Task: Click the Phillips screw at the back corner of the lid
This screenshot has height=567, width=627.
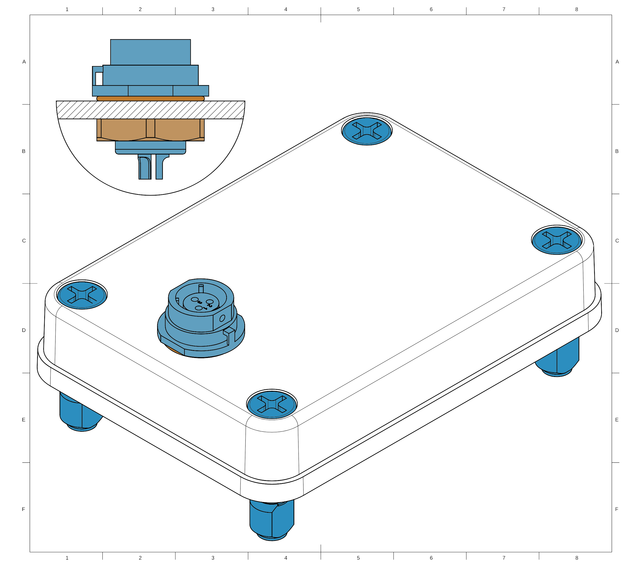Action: [367, 131]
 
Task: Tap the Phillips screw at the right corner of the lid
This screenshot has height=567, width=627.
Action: [556, 240]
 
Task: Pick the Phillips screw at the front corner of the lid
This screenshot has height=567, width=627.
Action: [272, 404]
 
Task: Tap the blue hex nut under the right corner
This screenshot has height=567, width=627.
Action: [558, 358]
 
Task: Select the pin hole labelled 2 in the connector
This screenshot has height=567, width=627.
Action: [210, 301]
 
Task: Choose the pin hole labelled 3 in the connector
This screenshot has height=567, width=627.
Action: [195, 299]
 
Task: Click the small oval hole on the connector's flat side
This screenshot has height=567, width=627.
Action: [222, 318]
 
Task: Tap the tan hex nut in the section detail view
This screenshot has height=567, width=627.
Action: [151, 130]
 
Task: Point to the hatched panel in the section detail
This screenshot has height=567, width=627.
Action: [151, 110]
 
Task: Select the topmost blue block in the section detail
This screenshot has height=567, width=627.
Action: [151, 52]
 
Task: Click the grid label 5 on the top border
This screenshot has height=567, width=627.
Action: [358, 9]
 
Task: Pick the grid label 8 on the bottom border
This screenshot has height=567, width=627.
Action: [577, 558]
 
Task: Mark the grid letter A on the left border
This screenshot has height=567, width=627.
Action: [24, 62]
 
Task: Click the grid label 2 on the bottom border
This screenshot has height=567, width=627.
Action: [140, 558]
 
